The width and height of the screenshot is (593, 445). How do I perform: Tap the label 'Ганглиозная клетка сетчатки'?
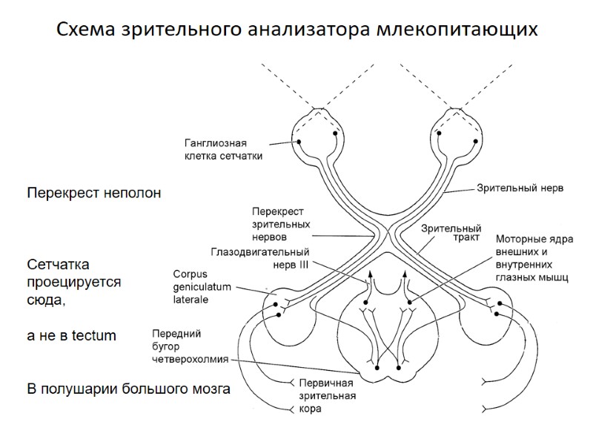pyautogui.click(x=223, y=149)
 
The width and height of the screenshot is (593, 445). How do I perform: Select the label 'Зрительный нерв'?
pyautogui.click(x=520, y=188)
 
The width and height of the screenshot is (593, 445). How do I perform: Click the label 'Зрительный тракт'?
pyautogui.click(x=451, y=234)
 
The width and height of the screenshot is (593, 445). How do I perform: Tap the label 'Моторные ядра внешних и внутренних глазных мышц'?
pyautogui.click(x=531, y=259)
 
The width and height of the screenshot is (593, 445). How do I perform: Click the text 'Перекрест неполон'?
pyautogui.click(x=94, y=193)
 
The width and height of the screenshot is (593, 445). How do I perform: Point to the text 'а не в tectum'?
pyautogui.click(x=72, y=336)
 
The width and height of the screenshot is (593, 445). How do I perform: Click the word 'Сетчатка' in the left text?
pyautogui.click(x=59, y=265)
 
